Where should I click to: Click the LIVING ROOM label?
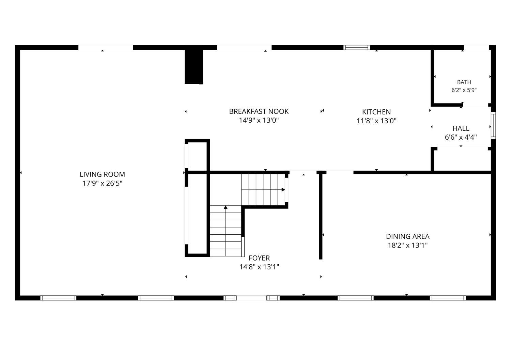(102, 174)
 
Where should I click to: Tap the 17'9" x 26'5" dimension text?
(102, 183)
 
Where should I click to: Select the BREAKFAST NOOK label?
(259, 111)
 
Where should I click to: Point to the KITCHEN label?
(376, 112)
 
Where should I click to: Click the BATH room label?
(464, 82)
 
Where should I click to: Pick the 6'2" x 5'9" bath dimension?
(464, 90)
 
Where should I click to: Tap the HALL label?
(461, 128)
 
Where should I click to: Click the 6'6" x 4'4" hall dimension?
(461, 137)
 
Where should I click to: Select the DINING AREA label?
(408, 236)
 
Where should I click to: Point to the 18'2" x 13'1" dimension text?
(408, 245)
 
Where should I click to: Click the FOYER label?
(259, 258)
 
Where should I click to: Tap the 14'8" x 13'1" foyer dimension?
(259, 267)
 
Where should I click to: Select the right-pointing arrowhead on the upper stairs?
(283, 190)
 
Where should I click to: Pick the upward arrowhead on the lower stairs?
(226, 207)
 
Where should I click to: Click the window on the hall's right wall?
(493, 125)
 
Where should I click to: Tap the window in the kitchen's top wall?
(357, 47)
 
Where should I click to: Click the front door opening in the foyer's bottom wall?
(251, 298)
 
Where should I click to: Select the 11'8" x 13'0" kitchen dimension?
(376, 121)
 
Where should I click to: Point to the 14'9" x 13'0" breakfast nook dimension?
(259, 120)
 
